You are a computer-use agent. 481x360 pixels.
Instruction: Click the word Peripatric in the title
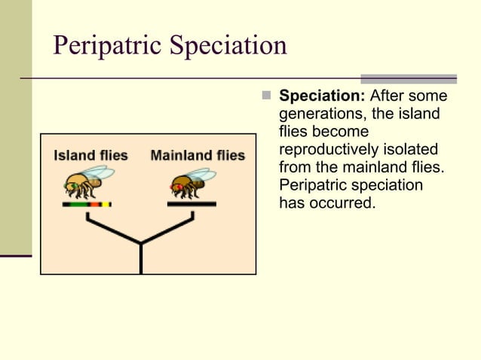click(x=105, y=46)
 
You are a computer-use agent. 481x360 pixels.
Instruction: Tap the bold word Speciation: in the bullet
click(x=322, y=97)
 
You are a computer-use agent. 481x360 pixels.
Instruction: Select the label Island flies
click(x=90, y=156)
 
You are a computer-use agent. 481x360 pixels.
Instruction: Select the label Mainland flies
click(x=198, y=156)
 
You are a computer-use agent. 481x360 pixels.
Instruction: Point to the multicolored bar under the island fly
click(x=87, y=204)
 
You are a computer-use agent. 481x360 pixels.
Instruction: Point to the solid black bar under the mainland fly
click(x=191, y=204)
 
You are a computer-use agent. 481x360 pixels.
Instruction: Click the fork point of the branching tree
click(x=141, y=243)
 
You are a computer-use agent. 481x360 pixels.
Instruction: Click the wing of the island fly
click(x=100, y=174)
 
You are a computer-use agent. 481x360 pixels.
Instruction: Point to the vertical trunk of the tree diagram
click(x=141, y=260)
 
